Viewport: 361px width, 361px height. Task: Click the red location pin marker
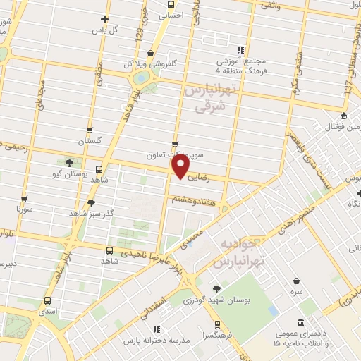pos(180,167)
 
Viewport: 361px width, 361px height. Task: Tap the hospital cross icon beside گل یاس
pos(105,19)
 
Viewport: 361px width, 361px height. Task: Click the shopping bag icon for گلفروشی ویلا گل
pos(150,54)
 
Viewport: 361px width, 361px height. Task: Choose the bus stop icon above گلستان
pos(90,130)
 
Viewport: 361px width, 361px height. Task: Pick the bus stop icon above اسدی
pos(47,300)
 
